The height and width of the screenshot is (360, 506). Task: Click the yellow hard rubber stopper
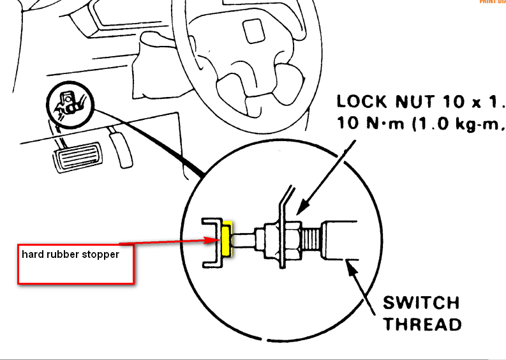click(x=225, y=239)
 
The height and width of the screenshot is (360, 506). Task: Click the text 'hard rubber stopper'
click(x=70, y=253)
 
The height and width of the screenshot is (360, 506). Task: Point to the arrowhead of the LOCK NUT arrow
click(x=299, y=210)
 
